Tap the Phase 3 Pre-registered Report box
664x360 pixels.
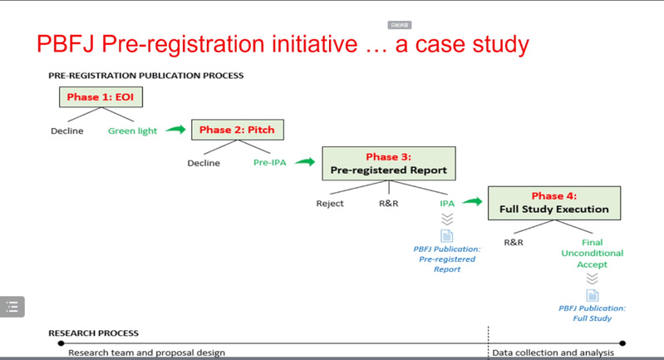click(389, 163)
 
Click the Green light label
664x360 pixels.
click(132, 131)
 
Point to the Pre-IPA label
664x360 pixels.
click(269, 163)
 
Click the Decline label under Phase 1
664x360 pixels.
click(66, 131)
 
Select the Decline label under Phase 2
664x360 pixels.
click(204, 163)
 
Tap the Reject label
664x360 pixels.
click(330, 203)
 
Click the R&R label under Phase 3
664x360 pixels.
click(389, 203)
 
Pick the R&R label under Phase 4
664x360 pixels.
click(513, 243)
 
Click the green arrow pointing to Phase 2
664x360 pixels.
click(175, 129)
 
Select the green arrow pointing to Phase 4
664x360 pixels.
click(472, 201)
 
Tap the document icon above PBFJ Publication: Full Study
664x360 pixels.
click(592, 296)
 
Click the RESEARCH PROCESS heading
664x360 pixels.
click(94, 333)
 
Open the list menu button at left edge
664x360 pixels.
click(13, 306)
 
